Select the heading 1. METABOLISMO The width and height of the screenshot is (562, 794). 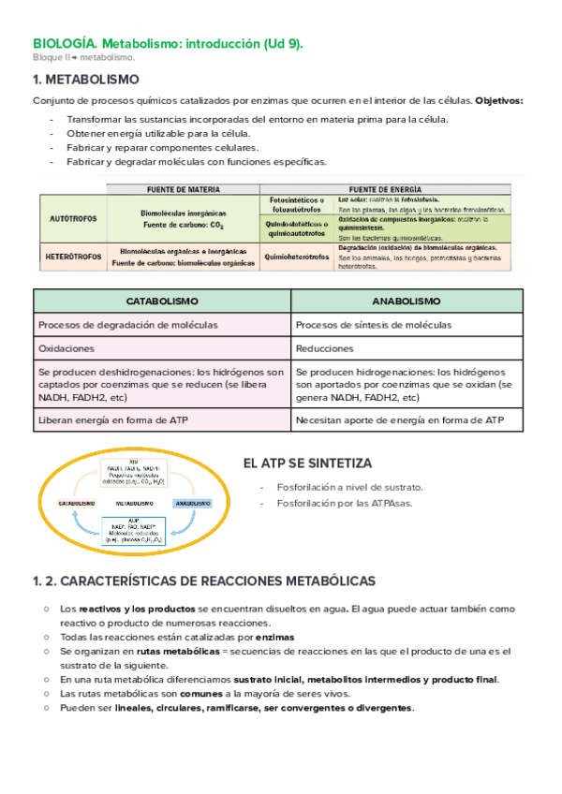click(x=86, y=80)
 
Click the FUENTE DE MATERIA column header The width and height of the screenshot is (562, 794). click(x=183, y=188)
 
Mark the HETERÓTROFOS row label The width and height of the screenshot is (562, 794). click(x=73, y=256)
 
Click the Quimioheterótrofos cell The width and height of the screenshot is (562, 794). click(x=297, y=256)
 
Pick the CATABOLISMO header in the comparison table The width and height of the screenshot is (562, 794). click(x=162, y=301)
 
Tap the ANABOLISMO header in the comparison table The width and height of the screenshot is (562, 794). click(x=407, y=301)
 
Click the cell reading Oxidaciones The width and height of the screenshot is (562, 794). click(x=67, y=348)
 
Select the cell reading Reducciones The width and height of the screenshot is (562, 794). click(x=324, y=348)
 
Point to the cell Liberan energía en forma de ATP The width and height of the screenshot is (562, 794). click(x=112, y=420)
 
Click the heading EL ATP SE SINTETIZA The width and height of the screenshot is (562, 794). click(x=307, y=463)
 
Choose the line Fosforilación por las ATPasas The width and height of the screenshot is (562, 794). click(x=344, y=504)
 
